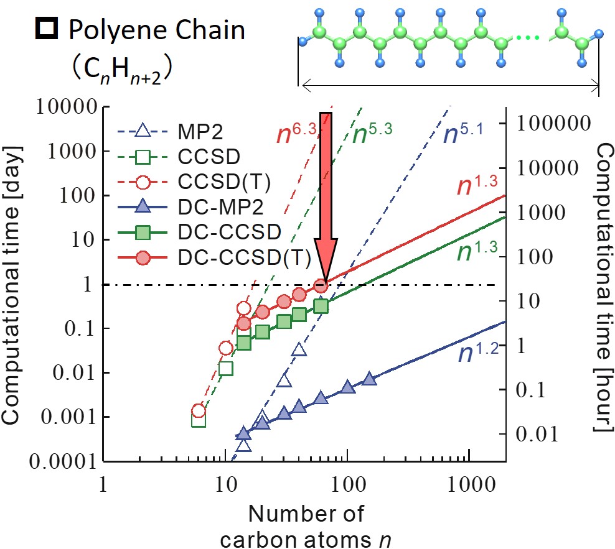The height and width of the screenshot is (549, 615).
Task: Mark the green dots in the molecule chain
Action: tap(527, 39)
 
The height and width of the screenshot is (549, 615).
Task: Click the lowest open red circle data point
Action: tap(199, 410)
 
